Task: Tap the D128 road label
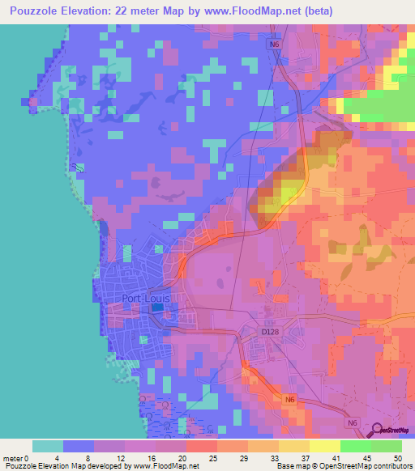(x=270, y=332)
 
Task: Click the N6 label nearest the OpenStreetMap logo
(x=352, y=422)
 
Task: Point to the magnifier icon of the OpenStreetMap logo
(x=376, y=429)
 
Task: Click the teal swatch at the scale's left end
(x=48, y=445)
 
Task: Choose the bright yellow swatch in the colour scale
(x=324, y=445)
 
